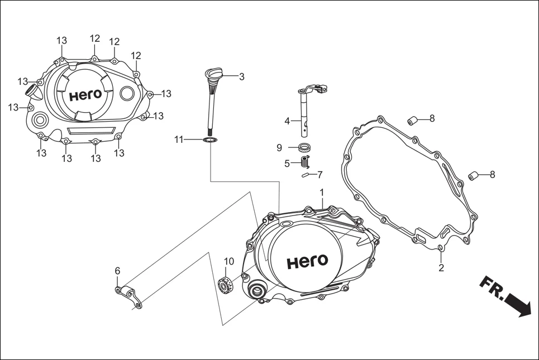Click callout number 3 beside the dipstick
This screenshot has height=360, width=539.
click(241, 77)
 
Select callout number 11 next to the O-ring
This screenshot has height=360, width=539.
click(178, 140)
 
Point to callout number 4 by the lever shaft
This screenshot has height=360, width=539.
click(287, 121)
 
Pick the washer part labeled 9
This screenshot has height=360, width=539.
click(305, 148)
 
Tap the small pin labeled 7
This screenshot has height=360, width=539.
click(306, 175)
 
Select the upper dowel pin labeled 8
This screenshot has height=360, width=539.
click(413, 119)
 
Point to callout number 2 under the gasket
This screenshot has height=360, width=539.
click(441, 267)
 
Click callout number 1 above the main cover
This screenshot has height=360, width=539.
click(322, 193)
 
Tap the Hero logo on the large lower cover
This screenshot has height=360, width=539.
click(307, 262)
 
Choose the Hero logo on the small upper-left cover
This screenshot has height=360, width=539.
click(85, 95)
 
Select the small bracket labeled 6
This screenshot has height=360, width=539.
click(128, 296)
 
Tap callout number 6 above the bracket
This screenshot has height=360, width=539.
click(117, 271)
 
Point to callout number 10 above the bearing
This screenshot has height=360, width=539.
click(229, 261)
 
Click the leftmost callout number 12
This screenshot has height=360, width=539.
click(95, 39)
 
